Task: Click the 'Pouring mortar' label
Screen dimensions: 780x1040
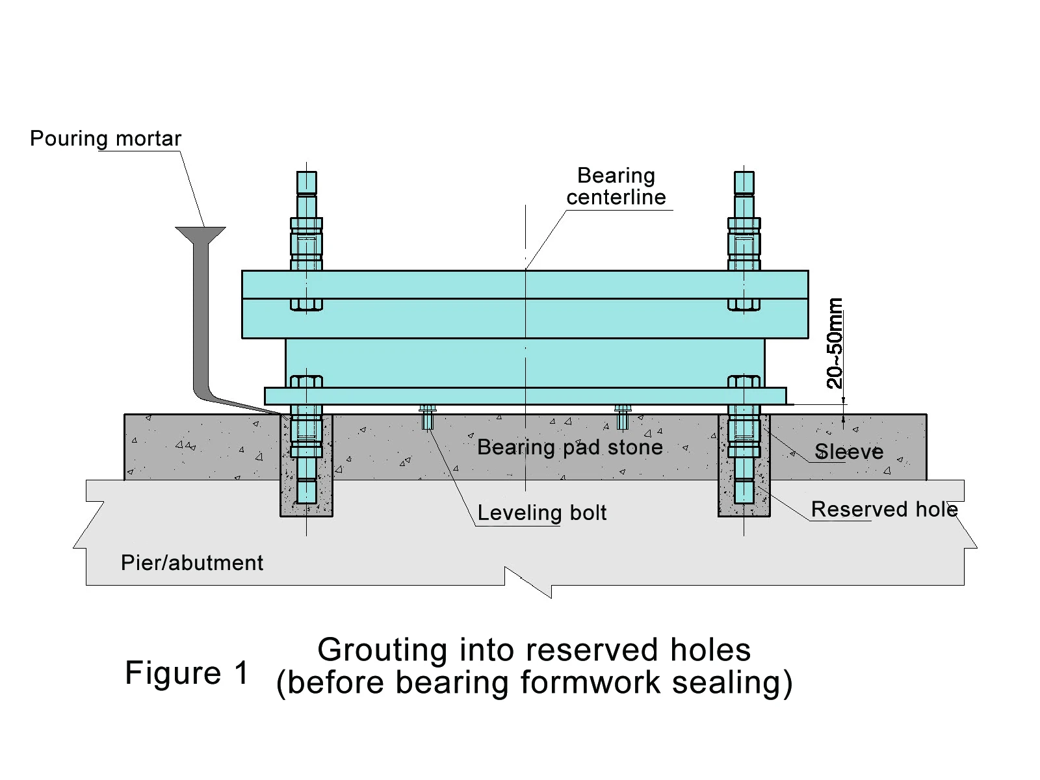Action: tap(105, 138)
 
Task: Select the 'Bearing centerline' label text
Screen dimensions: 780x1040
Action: tap(616, 186)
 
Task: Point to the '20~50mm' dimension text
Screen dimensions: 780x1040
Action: tap(835, 343)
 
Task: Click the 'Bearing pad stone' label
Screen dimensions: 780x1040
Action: tap(569, 447)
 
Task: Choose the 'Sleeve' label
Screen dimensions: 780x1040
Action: tap(849, 452)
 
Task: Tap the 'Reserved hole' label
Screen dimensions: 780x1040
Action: tap(884, 509)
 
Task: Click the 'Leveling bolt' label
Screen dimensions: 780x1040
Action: tap(541, 513)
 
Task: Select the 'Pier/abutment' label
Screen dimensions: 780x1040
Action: tap(192, 563)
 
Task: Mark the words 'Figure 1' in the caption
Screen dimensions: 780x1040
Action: tap(187, 673)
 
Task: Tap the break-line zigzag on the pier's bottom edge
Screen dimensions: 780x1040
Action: tap(528, 582)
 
